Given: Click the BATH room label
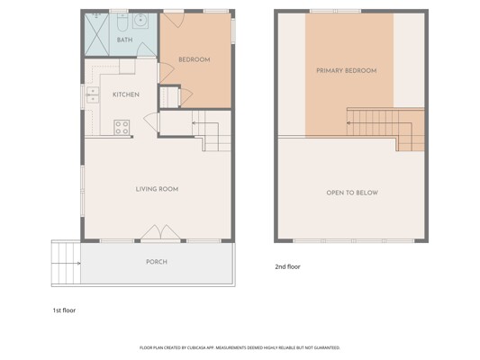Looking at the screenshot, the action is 124,40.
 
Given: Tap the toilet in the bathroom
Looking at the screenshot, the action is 122,22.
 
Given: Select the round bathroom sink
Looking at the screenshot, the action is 140,21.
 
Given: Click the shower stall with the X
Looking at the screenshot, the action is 96,34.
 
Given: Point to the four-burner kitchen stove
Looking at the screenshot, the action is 122,127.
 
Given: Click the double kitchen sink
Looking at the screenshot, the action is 93,94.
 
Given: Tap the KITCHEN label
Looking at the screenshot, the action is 126,94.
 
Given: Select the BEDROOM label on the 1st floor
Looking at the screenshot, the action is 195,59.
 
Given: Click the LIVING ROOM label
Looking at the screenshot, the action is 157,189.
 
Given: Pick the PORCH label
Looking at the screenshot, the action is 157,262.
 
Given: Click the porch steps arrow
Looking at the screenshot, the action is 66,264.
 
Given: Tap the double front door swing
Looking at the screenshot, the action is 160,232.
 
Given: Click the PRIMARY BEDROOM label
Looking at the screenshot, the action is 346,71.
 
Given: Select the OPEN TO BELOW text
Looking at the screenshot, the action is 352,193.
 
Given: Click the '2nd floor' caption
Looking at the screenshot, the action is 287,266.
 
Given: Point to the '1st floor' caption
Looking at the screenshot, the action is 64,310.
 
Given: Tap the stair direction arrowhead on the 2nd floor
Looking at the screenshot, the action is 349,123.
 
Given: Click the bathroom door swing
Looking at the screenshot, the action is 146,49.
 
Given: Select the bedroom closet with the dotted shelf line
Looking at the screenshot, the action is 169,97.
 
